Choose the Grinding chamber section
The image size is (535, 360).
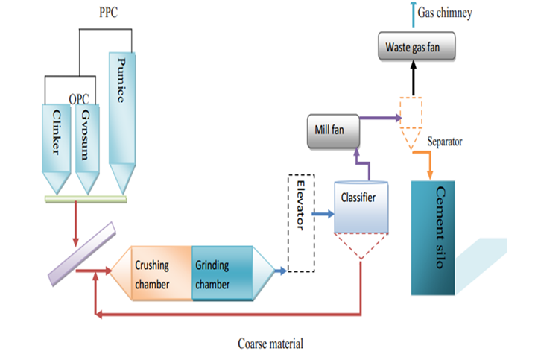click(x=222, y=274)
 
